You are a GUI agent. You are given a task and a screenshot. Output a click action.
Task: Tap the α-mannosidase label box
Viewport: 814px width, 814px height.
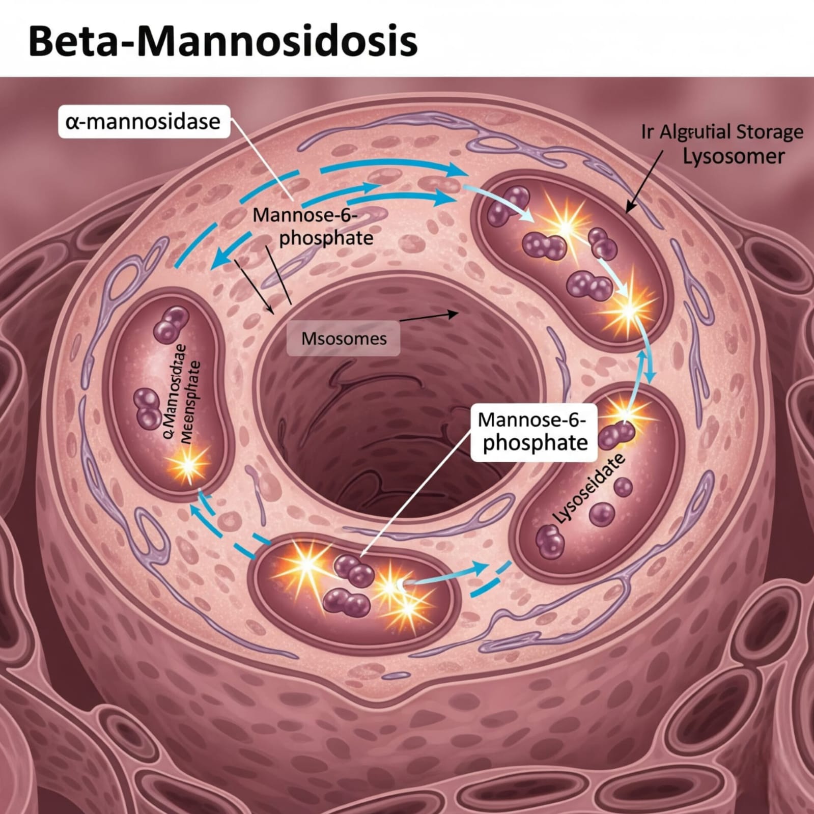[144, 122]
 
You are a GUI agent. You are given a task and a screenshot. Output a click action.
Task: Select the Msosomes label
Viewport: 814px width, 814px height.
[344, 339]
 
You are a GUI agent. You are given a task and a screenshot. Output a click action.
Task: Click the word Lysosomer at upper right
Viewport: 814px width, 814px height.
[733, 156]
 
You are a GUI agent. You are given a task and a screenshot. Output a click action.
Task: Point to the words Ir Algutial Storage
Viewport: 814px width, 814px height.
[722, 132]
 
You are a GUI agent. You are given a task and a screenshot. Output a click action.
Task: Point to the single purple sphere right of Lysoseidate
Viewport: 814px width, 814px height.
[623, 488]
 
